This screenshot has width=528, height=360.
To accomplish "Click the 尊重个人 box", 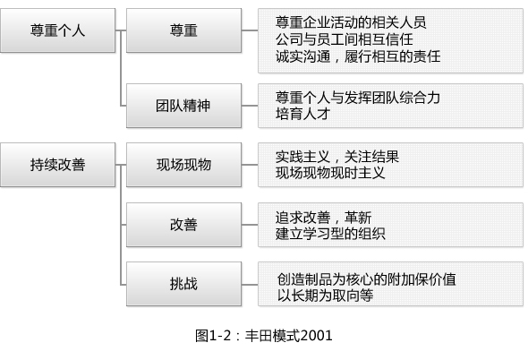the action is [x=57, y=30].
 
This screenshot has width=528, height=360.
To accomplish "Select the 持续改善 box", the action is [x=57, y=165].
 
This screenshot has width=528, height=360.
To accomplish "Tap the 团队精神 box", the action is [x=183, y=106].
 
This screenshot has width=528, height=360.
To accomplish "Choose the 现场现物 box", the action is [x=183, y=165].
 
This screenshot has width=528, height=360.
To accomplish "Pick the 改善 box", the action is [x=183, y=225].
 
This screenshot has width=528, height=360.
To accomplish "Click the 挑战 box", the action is [x=183, y=284].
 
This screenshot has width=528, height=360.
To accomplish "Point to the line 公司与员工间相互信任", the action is [x=345, y=39].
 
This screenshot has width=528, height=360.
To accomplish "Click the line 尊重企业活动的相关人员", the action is [x=351, y=22].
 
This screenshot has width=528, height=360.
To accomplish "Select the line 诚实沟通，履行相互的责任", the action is [x=358, y=56].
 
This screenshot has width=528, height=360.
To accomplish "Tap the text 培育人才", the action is [x=302, y=114].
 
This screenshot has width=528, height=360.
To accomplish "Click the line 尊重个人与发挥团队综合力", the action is [x=358, y=98].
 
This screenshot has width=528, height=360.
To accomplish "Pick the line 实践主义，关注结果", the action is [x=337, y=157].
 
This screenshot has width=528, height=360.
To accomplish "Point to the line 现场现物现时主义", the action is [x=330, y=173].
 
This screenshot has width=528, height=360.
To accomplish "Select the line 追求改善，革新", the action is [x=323, y=218].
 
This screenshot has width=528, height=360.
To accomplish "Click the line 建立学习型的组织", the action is [x=330, y=234].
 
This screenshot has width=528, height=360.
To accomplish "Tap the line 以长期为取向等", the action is [x=325, y=296].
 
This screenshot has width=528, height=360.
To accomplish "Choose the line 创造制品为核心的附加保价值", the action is [x=366, y=279].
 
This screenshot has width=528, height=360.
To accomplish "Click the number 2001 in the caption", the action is [x=316, y=336].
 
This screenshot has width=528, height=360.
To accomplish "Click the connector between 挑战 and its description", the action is [x=250, y=285].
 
